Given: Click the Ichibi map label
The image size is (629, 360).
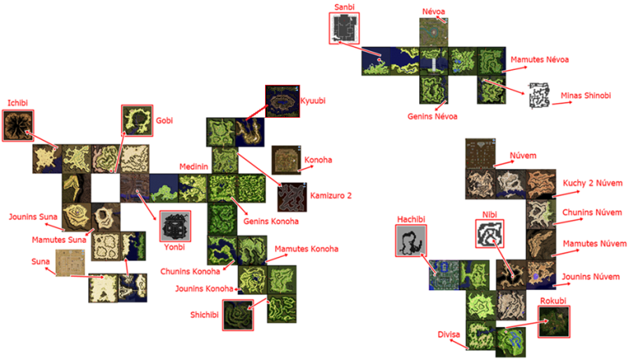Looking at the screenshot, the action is coord(17,103).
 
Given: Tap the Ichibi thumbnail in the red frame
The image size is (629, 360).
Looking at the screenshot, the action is coord(18,126).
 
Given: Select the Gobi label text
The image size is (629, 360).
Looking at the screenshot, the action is coord(164,121).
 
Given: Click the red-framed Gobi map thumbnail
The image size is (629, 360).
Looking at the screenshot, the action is coord(137,120).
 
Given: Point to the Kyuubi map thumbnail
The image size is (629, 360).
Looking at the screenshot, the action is coord(282,101).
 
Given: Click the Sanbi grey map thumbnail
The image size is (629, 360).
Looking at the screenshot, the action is coord(344,28).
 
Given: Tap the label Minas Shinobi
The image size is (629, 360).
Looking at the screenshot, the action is coord(586,95).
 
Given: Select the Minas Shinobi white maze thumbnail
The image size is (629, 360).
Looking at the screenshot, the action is coord(539,96).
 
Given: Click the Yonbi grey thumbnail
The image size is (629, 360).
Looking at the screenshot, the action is coord(175,226).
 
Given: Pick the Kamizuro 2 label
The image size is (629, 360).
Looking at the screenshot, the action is coord(330,196).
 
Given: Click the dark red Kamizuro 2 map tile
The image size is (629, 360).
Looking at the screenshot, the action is coord(292,197).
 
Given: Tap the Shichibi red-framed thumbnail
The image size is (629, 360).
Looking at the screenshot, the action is coord(238,315).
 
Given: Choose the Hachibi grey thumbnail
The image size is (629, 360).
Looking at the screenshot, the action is coord(410,241).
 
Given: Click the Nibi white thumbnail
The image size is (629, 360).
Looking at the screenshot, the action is coord(489,233).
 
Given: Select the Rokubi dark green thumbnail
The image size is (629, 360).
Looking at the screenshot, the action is coord(554,321).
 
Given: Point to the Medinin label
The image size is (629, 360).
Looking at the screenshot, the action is coord(193,167).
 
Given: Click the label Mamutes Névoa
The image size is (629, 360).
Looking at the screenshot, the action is coord(539,60).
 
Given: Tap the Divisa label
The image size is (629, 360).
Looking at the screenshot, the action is coord(448,334).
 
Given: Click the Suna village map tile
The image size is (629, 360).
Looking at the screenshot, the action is coord(70,263).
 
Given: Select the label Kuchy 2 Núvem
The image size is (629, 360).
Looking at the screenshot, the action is coord(593,183).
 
